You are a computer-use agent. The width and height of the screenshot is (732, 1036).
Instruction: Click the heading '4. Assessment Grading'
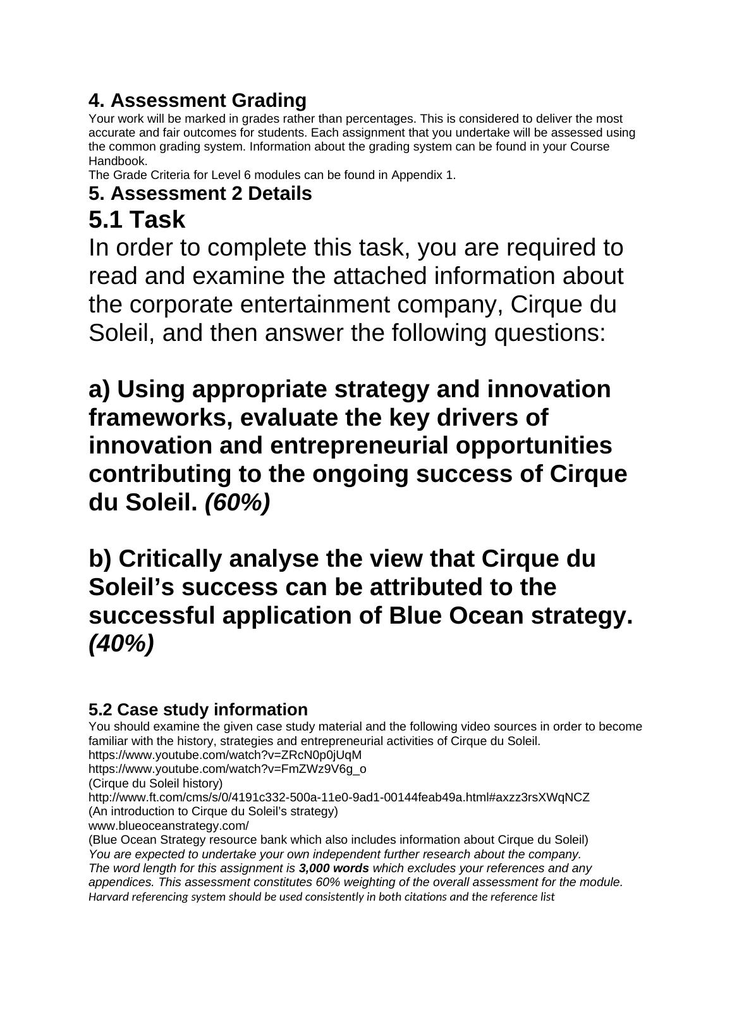(197, 101)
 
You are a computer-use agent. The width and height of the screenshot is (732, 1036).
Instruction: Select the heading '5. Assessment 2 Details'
(200, 194)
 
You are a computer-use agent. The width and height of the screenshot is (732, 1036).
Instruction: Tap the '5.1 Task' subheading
(137, 220)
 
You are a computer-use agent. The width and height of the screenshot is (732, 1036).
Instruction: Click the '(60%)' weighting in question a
(238, 503)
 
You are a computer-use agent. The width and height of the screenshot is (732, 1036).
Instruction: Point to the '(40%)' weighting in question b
(121, 644)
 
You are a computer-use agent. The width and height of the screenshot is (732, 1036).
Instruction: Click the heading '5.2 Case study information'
(198, 709)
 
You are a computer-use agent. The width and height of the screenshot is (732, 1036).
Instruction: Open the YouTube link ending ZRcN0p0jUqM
(225, 755)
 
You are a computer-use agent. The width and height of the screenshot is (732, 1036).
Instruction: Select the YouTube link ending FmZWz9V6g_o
(227, 769)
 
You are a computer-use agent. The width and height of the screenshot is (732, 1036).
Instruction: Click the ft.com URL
(339, 798)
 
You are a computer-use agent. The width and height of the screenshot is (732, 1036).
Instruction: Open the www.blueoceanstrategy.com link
(169, 826)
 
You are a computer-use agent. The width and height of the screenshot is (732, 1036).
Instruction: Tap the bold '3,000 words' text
(334, 868)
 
